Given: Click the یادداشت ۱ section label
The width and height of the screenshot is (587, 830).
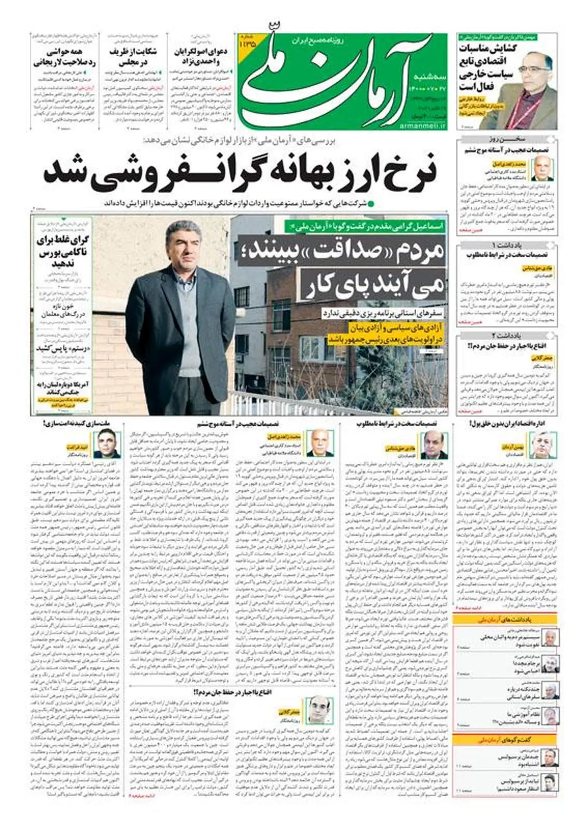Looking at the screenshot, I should [507, 244].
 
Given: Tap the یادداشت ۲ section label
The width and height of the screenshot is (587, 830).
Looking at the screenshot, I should [507, 335].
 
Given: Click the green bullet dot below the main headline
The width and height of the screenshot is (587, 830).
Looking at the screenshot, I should [371, 203].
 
